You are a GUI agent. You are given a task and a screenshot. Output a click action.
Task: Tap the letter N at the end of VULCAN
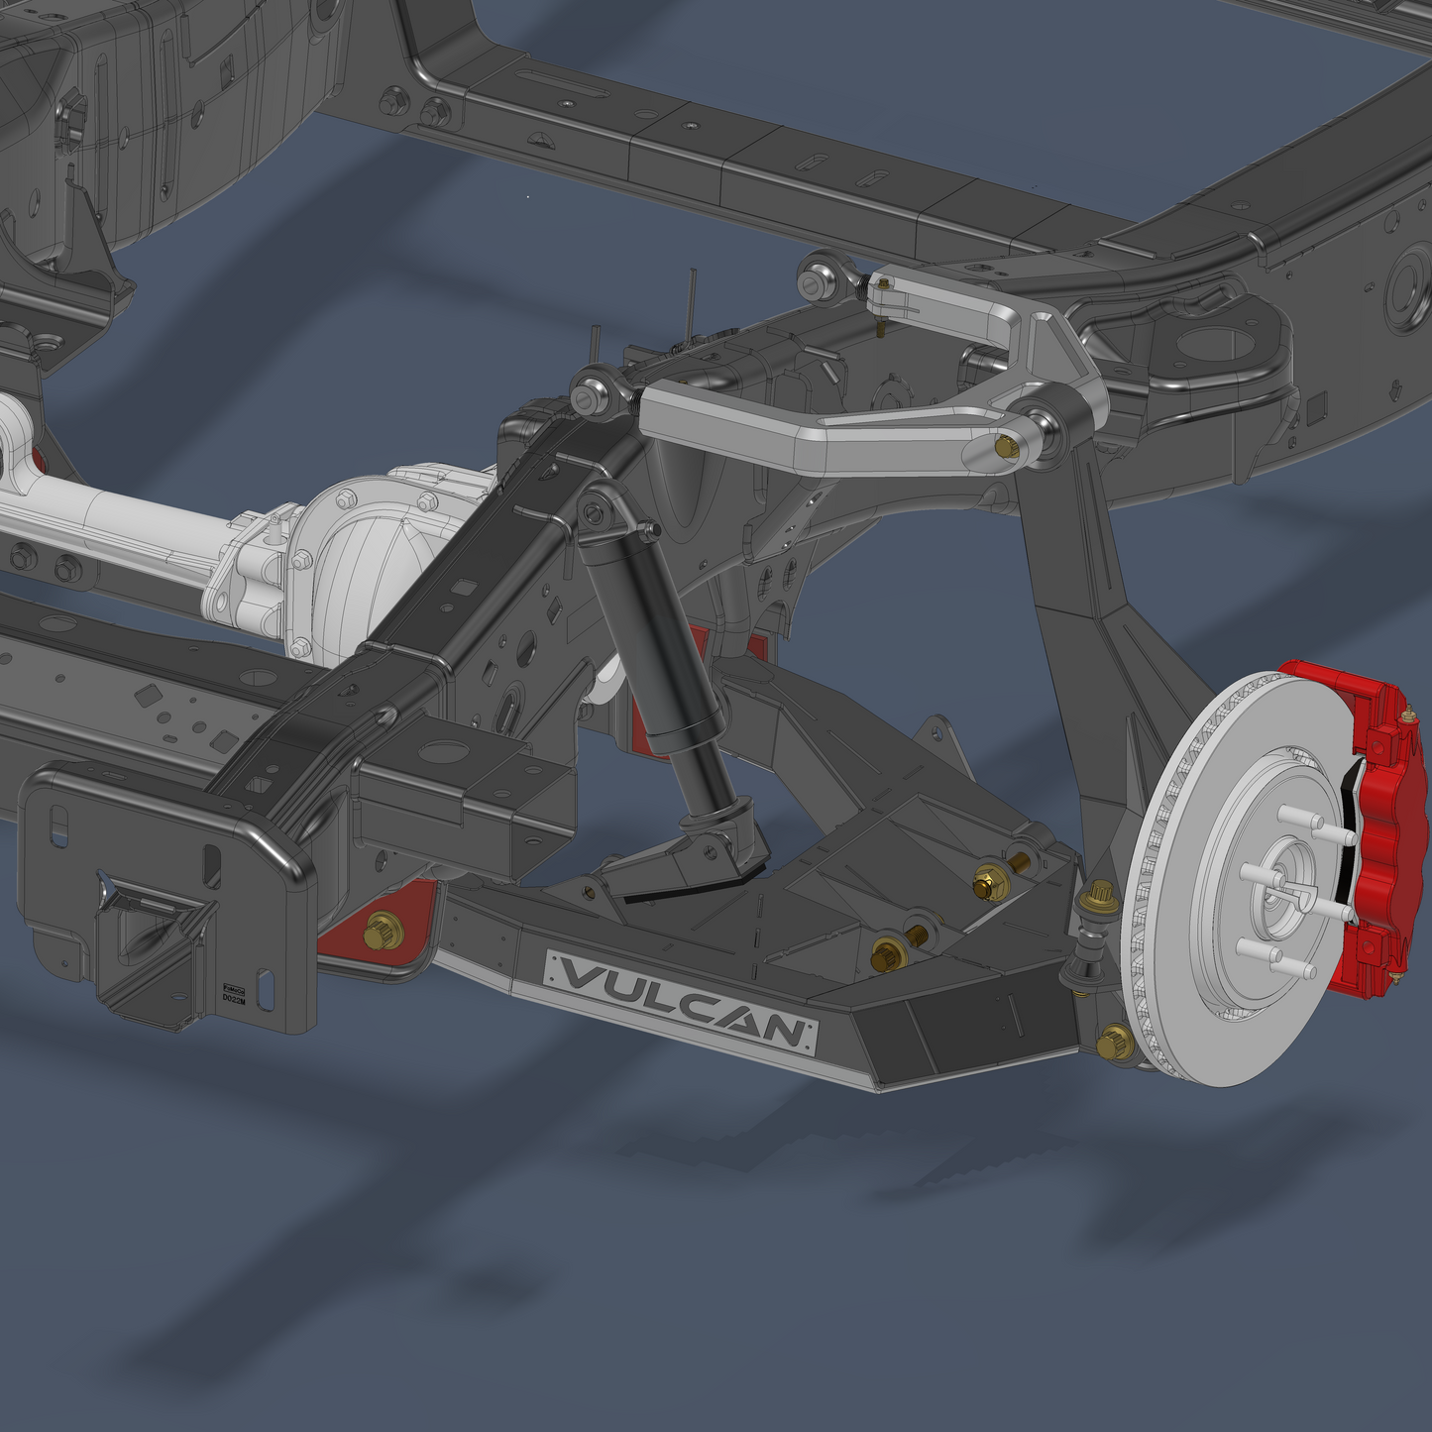tap(783, 1031)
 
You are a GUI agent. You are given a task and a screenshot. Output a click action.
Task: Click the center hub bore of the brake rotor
tap(1285, 882)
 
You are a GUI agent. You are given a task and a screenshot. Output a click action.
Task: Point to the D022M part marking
tap(233, 1000)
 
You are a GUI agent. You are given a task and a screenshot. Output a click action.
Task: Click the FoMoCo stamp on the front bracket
tap(233, 989)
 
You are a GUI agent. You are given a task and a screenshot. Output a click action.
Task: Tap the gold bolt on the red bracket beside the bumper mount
tap(382, 932)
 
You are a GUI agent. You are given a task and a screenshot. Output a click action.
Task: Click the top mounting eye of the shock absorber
tap(593, 512)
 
